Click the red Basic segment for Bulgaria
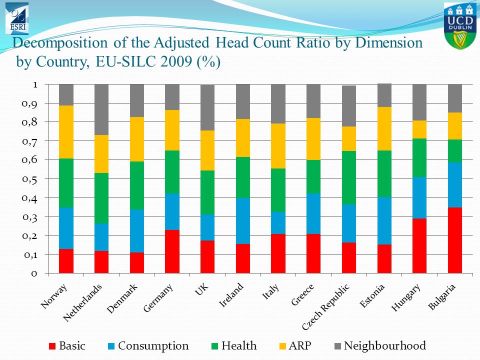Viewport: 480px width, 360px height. coord(455,240)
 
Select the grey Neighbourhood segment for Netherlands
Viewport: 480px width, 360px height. coord(101,109)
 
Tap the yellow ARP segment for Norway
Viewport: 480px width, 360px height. coord(66,132)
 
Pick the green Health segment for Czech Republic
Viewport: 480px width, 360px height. coord(349,177)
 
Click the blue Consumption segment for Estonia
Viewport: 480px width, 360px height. coord(384,220)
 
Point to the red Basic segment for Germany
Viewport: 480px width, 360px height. coord(172,251)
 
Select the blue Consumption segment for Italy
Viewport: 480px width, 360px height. coord(278,223)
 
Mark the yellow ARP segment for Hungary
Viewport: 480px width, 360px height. coord(419,129)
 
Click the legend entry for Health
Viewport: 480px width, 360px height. coord(234,345)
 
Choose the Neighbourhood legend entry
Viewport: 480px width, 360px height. coord(380,345)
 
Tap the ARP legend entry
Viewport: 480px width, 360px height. coord(295,345)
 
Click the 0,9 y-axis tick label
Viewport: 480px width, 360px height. coord(29,104)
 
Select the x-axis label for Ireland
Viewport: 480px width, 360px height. coord(231,295)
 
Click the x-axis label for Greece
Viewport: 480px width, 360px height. coord(302,295)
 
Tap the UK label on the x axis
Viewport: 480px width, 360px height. coord(201,289)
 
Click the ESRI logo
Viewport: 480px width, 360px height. coord(17,18)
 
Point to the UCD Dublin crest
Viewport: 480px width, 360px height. coord(460,25)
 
